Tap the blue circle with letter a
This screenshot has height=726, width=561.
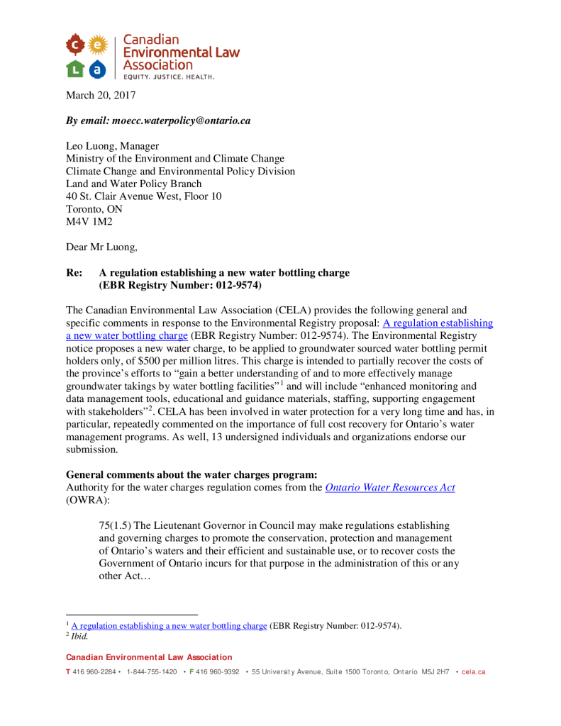(x=98, y=69)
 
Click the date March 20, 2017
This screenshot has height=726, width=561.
(x=101, y=95)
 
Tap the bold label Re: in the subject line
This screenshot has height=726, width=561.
(x=74, y=273)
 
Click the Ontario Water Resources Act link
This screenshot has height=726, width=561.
(x=389, y=488)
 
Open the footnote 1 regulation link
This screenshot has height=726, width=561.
(x=169, y=626)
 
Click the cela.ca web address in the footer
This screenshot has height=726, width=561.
(x=474, y=671)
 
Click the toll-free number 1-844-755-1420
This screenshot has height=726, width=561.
(x=151, y=671)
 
